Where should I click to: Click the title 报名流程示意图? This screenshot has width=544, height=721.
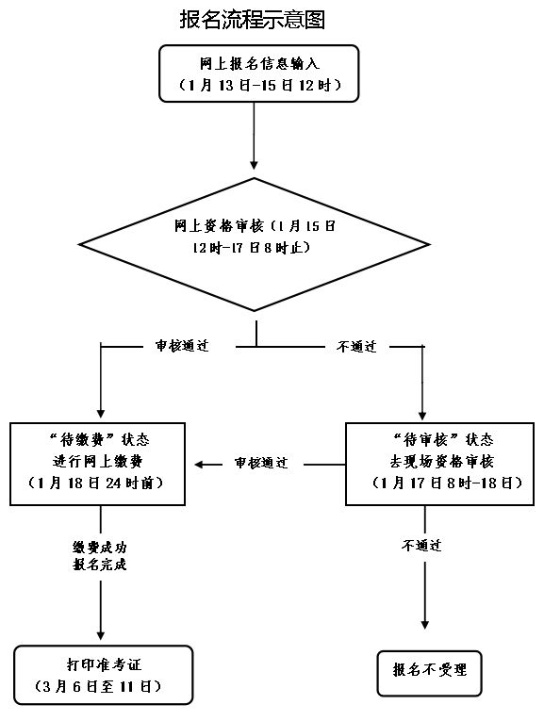point(252,20)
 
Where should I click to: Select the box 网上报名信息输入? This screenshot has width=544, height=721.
point(259,74)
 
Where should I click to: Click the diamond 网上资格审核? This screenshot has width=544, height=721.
point(255,245)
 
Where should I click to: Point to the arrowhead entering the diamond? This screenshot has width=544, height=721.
point(254,165)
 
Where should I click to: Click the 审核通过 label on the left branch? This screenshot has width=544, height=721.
point(182,346)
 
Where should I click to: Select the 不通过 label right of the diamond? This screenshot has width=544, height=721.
point(356,346)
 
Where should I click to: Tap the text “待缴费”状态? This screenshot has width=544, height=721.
point(99,440)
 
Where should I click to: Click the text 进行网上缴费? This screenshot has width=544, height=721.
point(97,461)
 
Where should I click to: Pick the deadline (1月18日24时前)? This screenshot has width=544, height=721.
point(96,483)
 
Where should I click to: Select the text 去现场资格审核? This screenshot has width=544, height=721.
point(441,461)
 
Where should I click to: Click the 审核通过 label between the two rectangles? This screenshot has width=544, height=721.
point(261,463)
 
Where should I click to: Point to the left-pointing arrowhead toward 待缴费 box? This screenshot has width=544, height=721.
point(199,465)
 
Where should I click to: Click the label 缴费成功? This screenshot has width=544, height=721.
point(100,548)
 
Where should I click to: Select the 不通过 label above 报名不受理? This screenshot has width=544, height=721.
point(421,546)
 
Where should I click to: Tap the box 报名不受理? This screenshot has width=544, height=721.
point(430,673)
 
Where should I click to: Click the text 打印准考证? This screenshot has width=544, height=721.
point(104,664)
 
